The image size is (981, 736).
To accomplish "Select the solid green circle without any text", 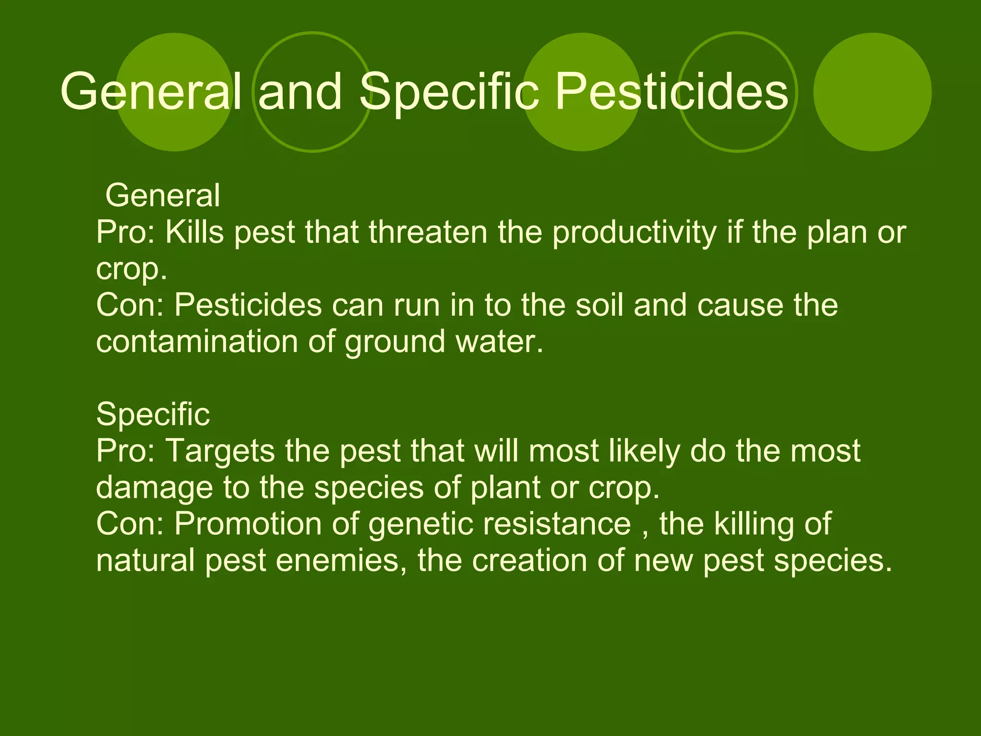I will (872, 92).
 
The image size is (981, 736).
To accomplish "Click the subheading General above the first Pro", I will (162, 195).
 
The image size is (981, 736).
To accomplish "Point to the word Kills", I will (194, 232).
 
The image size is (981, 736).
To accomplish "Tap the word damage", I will (154, 488).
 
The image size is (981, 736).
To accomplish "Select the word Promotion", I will (248, 524).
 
